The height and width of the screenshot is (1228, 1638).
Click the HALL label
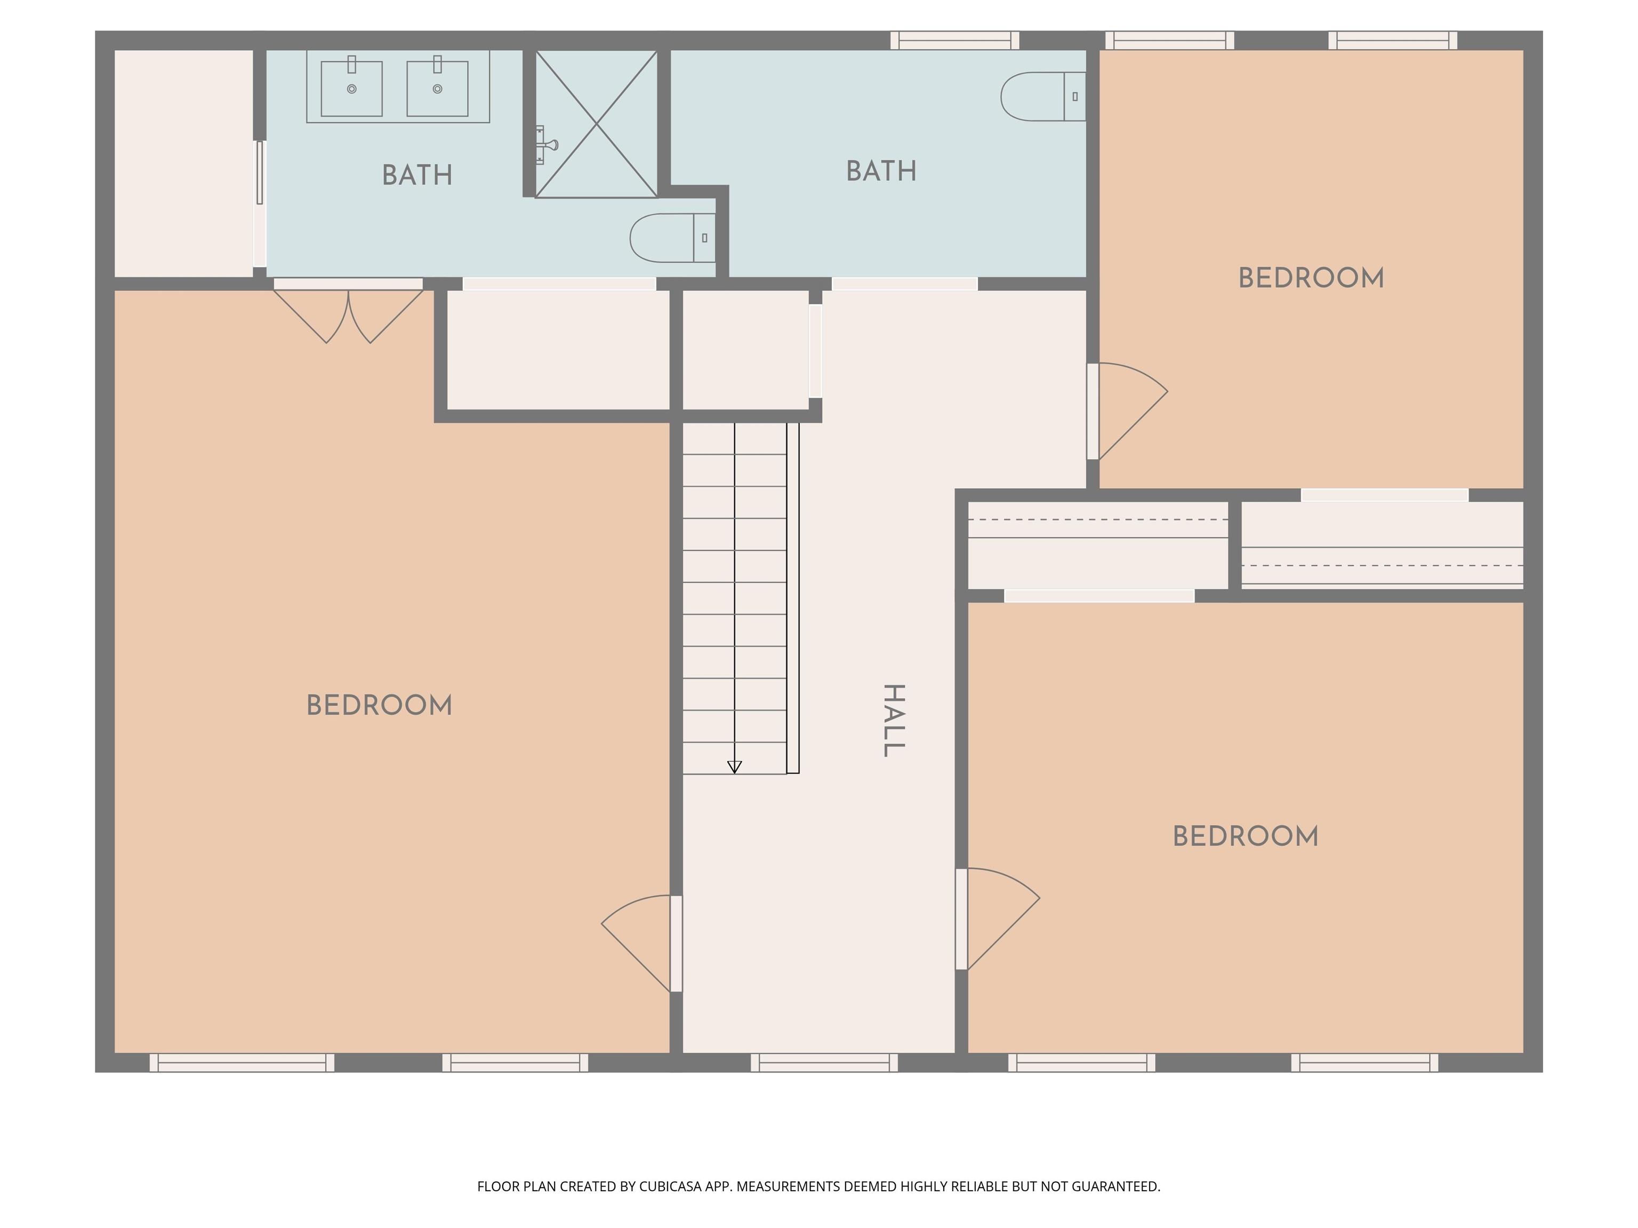point(895,720)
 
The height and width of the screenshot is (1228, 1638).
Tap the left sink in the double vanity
point(352,87)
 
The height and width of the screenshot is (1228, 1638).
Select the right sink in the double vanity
point(438,87)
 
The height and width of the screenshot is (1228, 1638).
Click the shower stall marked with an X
point(596,124)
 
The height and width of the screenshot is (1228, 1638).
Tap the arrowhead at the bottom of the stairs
point(735,767)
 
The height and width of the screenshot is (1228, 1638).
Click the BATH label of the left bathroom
point(417,175)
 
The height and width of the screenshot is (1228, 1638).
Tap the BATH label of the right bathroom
point(881,171)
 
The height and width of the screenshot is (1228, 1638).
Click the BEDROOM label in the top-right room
point(1311,278)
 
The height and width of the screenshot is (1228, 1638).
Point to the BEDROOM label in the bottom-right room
point(1246,836)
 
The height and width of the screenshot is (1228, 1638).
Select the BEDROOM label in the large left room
point(379,706)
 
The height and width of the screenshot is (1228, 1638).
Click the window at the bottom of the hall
point(824,1062)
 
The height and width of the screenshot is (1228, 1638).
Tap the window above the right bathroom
point(954,41)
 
